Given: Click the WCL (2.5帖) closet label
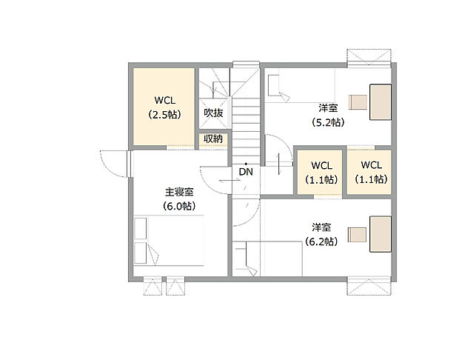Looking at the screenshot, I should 164,107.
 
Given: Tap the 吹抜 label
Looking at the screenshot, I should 213,113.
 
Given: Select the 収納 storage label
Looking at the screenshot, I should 213,139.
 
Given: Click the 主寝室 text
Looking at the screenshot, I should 179,192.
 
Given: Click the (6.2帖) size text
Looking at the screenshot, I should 321,241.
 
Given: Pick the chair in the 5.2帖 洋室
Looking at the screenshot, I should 357,102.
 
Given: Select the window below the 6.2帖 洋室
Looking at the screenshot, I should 369,284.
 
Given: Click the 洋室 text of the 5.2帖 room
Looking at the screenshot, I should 326,108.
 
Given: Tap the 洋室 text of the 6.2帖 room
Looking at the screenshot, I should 321,227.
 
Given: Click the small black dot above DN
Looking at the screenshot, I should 245,163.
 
